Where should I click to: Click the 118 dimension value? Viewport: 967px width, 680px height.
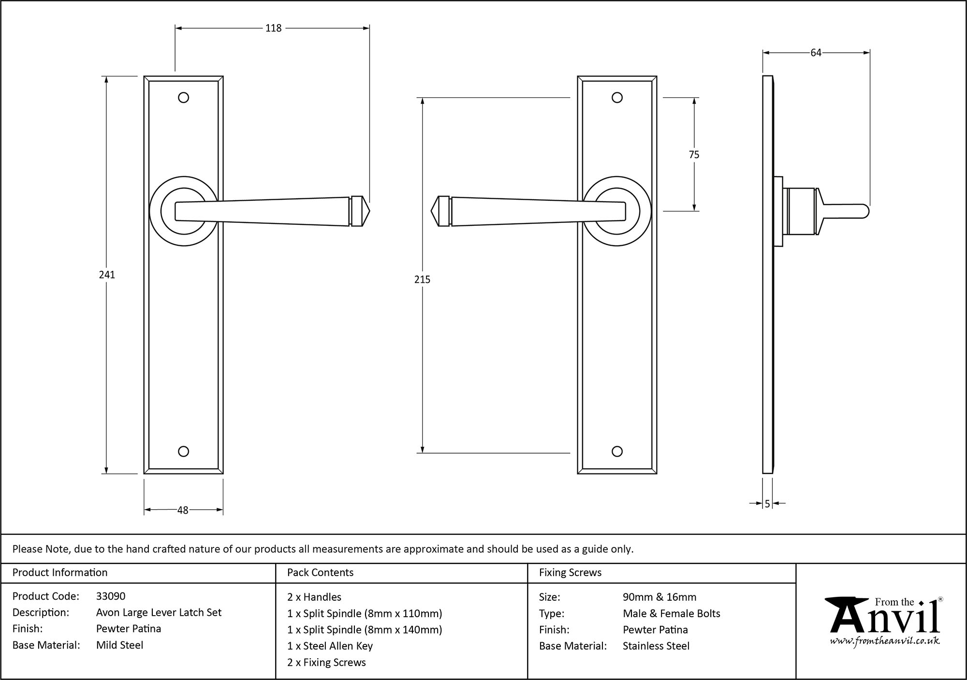pos(273,29)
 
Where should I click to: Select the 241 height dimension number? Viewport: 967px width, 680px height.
pos(107,275)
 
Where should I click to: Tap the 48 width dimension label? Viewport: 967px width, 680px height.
pos(183,510)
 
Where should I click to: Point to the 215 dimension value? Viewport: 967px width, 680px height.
pos(422,280)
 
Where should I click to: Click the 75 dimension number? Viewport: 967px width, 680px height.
pos(694,155)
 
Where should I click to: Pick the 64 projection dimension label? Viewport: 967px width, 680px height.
pos(816,53)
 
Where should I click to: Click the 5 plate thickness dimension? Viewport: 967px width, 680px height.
pos(767,504)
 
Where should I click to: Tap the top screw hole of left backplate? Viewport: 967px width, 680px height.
pos(183,98)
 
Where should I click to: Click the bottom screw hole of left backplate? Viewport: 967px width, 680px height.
pos(183,451)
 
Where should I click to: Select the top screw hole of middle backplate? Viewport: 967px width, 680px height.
pos(617,98)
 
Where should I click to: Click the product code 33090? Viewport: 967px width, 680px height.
pos(111,596)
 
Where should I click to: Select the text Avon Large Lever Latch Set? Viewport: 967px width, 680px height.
pos(159,613)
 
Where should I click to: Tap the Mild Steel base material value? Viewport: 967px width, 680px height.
pos(119,645)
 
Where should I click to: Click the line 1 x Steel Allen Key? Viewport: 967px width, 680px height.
pos(330,646)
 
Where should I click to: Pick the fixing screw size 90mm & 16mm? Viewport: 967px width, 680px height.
pos(659,597)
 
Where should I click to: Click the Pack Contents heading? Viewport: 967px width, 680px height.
pos(320,573)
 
